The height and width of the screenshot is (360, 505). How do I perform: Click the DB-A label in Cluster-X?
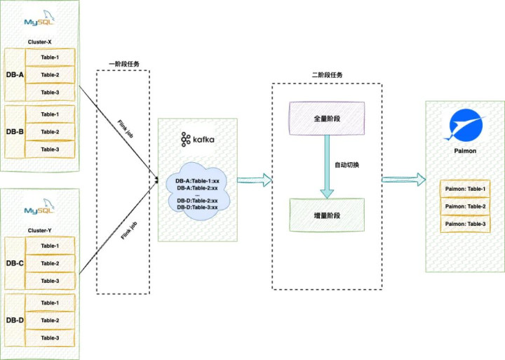[x=15, y=75]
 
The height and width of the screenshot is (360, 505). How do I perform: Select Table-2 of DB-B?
[x=49, y=132]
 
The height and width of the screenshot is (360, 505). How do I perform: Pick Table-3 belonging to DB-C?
[x=49, y=281]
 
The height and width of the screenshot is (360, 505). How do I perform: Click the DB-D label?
[x=15, y=321]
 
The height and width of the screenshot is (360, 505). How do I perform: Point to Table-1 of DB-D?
[x=49, y=303]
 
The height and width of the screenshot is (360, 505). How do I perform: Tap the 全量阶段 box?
[x=327, y=118]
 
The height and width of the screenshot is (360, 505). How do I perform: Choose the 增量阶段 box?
[x=327, y=215]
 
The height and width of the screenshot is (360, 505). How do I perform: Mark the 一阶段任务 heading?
[x=123, y=64]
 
